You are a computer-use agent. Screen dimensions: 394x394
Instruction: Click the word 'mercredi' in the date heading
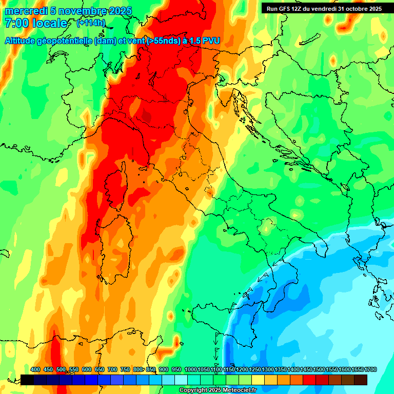(26, 11)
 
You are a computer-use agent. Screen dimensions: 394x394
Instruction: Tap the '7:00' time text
(16, 23)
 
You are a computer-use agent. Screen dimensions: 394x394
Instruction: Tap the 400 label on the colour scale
(35, 369)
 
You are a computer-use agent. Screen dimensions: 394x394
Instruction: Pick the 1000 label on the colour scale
(190, 369)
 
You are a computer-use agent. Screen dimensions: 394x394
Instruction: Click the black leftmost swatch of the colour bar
(27, 380)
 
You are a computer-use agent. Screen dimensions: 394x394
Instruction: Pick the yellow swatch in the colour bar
(258, 380)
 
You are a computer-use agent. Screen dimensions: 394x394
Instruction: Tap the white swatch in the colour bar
(181, 380)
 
